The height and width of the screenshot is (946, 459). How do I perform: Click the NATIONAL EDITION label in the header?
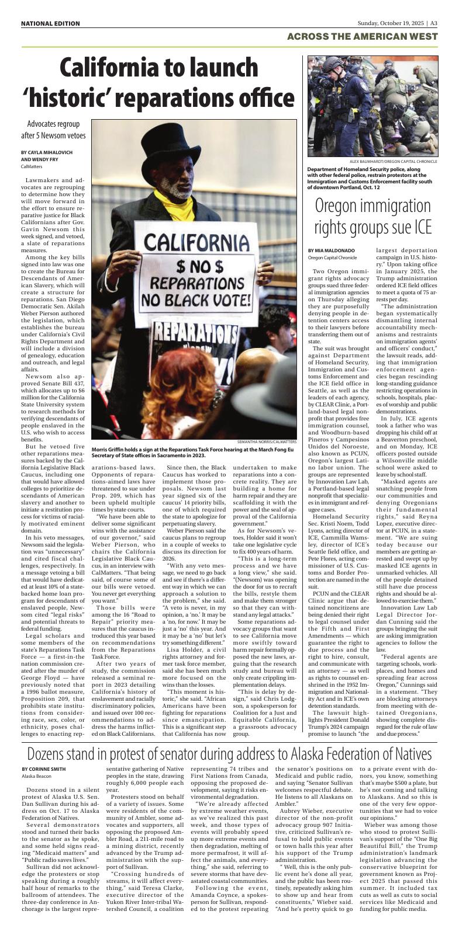point(50,23)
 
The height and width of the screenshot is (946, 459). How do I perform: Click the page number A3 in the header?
point(434,23)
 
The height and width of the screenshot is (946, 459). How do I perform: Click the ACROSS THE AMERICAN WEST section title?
point(363,37)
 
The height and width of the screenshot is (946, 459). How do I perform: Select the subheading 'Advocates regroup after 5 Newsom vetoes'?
point(57,130)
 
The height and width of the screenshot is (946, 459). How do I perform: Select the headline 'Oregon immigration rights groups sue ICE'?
point(373,216)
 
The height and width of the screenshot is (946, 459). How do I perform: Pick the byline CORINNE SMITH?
point(44,768)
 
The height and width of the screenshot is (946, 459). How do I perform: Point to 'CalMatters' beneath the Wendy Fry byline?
point(32,166)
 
